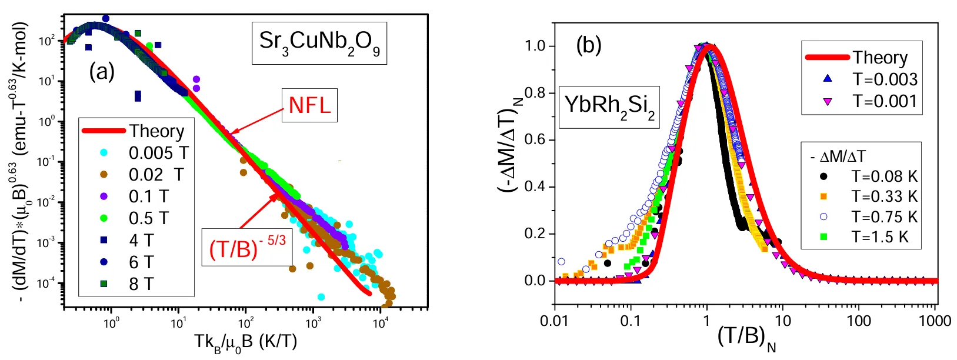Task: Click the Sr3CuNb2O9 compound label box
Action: click(319, 42)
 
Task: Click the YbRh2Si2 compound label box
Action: click(609, 106)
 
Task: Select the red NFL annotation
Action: click(309, 105)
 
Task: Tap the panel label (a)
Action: click(102, 72)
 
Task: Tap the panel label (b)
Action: click(589, 45)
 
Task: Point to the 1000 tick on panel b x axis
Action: click(935, 321)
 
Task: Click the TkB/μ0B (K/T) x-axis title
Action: click(245, 343)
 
